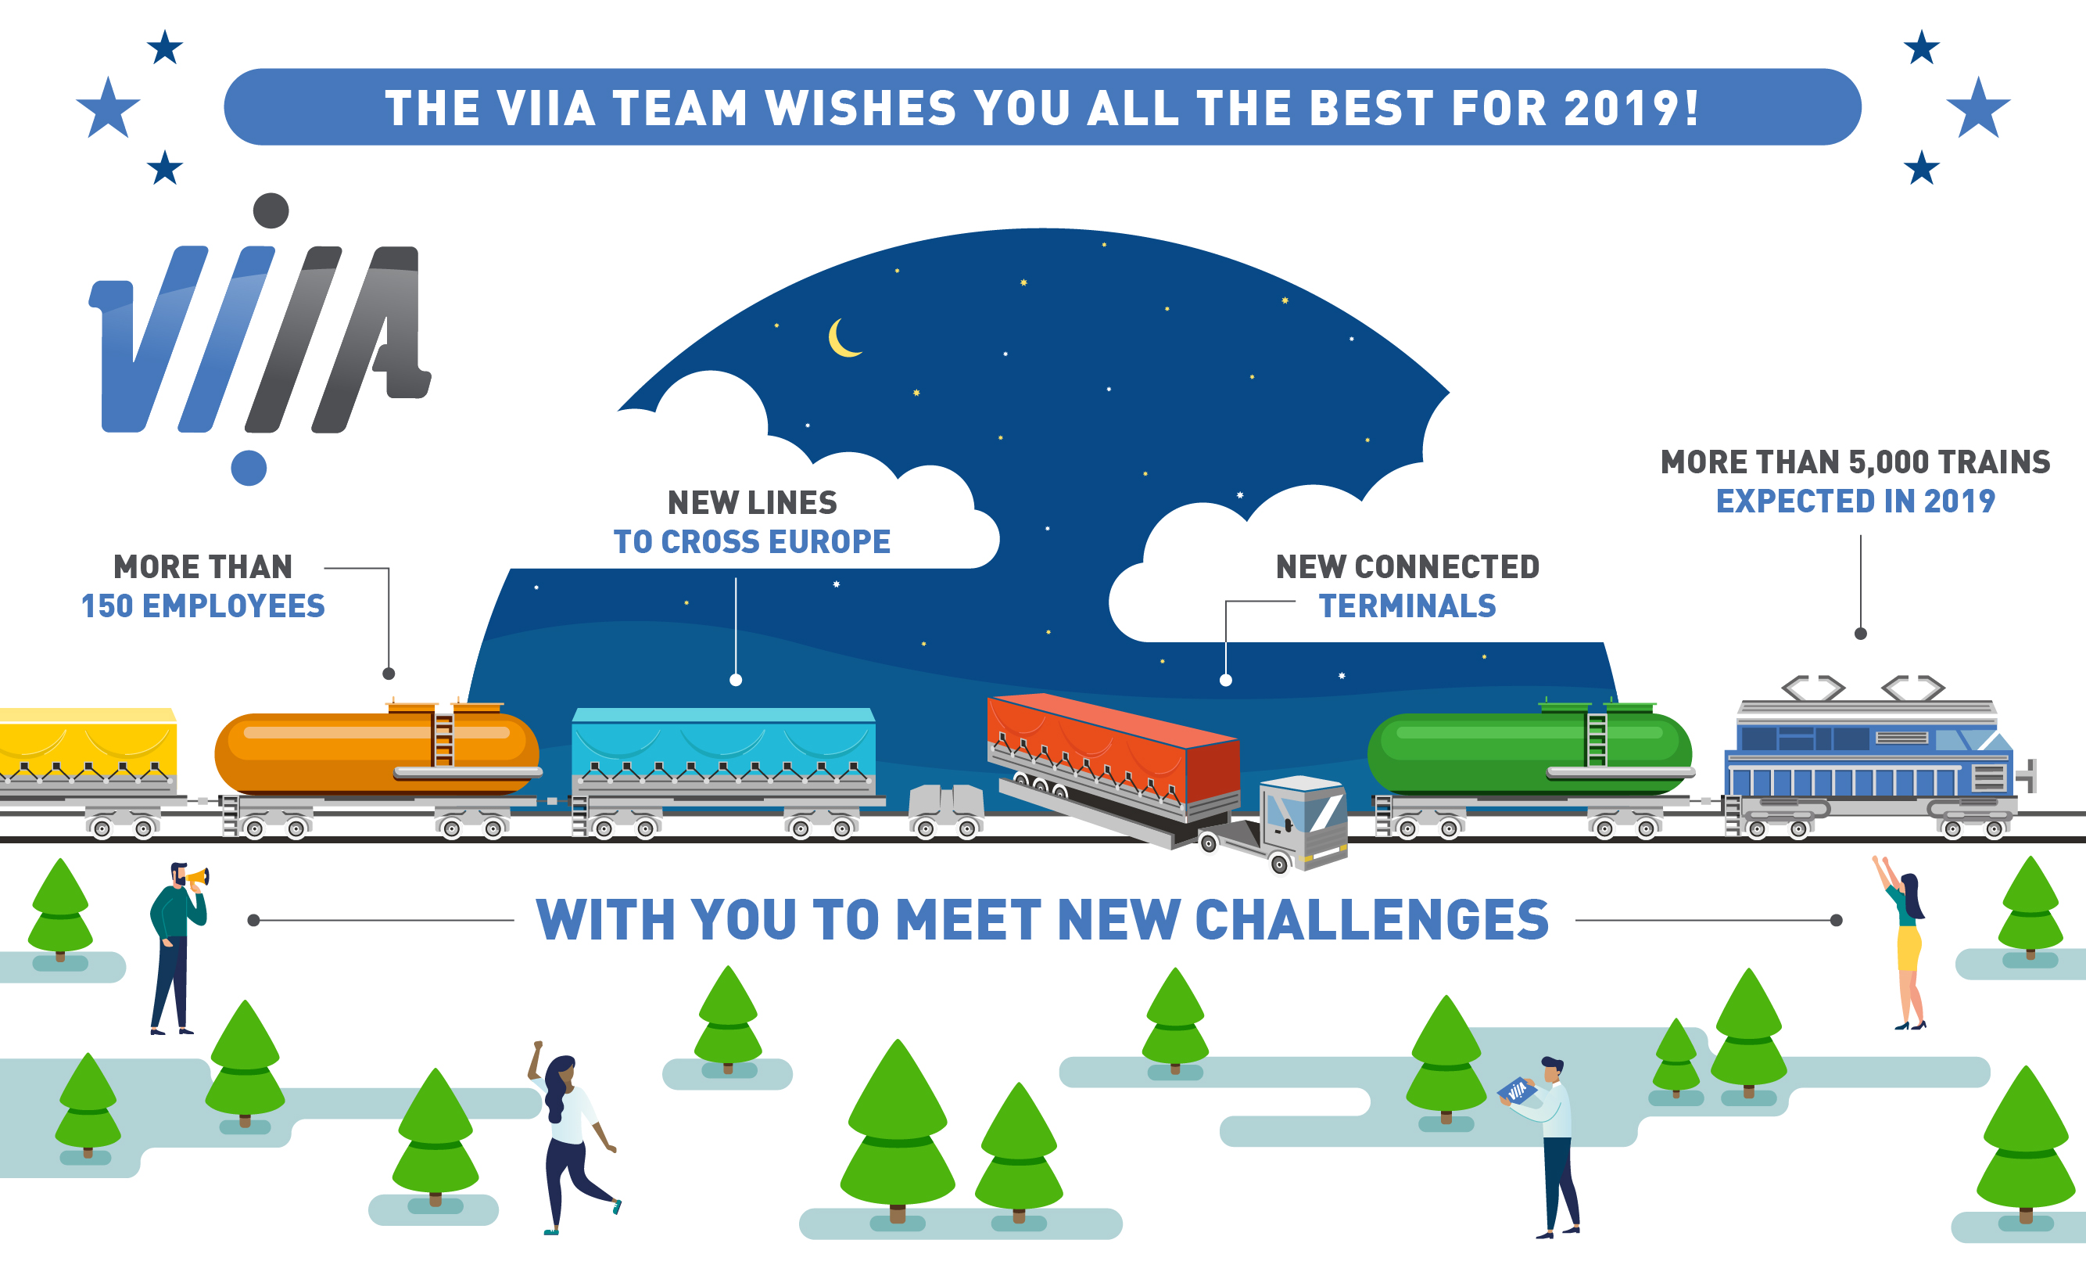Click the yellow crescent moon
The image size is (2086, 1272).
click(840, 339)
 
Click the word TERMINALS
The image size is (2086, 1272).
click(1407, 606)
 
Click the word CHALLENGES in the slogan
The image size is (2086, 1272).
click(1371, 920)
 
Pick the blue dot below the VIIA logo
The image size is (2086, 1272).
click(249, 469)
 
